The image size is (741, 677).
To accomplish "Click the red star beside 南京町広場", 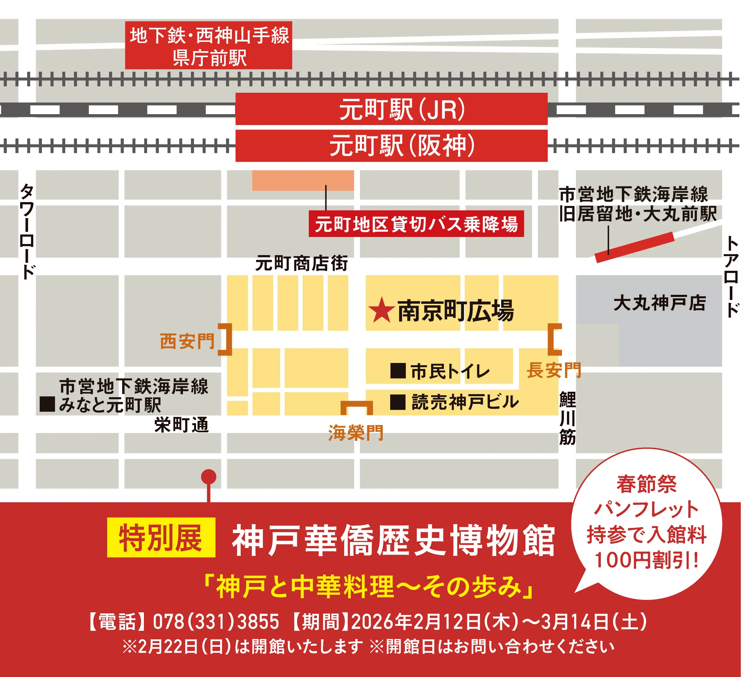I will [382, 310].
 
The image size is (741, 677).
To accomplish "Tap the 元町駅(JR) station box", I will [391, 109].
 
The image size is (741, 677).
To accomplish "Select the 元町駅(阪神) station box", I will [391, 146].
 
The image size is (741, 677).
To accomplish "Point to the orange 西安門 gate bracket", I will [226, 339].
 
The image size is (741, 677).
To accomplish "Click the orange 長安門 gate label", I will [554, 370].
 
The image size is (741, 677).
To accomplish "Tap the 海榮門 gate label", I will [356, 433].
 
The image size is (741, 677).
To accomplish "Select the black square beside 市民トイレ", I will [398, 371].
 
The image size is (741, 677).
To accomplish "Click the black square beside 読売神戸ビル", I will [398, 402].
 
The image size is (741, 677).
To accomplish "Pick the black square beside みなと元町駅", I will [47, 404].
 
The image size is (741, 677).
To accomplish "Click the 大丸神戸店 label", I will [660, 303].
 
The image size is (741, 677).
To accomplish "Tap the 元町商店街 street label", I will [301, 263].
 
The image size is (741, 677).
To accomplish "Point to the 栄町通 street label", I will [182, 425].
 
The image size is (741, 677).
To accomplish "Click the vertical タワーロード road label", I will [27, 232].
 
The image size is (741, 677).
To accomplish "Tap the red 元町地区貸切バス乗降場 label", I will [416, 224].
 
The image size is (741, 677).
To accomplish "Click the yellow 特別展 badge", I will [161, 537].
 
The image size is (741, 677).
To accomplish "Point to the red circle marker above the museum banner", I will [209, 477].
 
